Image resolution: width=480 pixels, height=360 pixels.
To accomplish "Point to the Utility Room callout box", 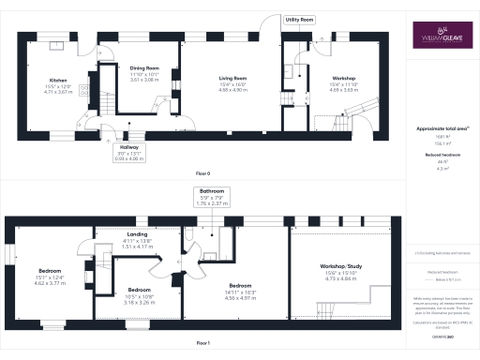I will click(x=300, y=19).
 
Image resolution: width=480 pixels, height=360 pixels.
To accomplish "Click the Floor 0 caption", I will click(x=202, y=174).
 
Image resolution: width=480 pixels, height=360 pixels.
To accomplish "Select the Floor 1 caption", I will click(x=202, y=343).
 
